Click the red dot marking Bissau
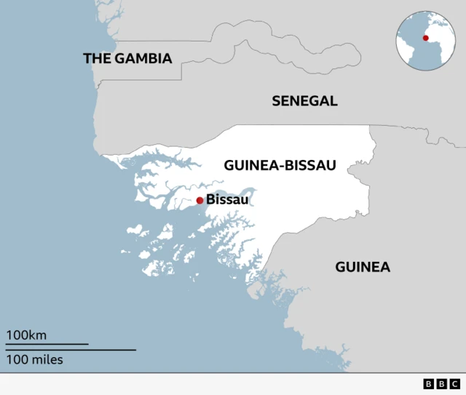200,200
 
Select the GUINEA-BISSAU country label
280,166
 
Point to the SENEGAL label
304,101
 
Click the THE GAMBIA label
127,58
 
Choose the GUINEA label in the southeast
362,267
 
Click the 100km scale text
27,335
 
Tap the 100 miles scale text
35,359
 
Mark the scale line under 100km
47,344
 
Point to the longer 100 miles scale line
71,350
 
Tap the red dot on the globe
426,38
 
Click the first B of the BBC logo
428,384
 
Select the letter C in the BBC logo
454,384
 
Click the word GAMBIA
143,58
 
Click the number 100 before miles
17,359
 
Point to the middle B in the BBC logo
441,384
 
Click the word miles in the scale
47,359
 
